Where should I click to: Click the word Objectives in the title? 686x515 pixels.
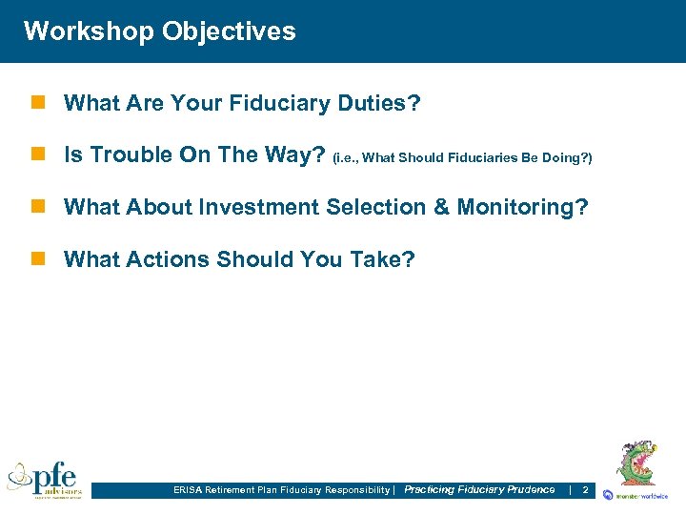(229, 31)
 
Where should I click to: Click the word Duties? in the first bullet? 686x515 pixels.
(379, 103)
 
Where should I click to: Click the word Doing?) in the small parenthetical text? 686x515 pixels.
(569, 157)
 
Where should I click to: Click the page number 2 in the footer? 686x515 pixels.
(585, 489)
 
